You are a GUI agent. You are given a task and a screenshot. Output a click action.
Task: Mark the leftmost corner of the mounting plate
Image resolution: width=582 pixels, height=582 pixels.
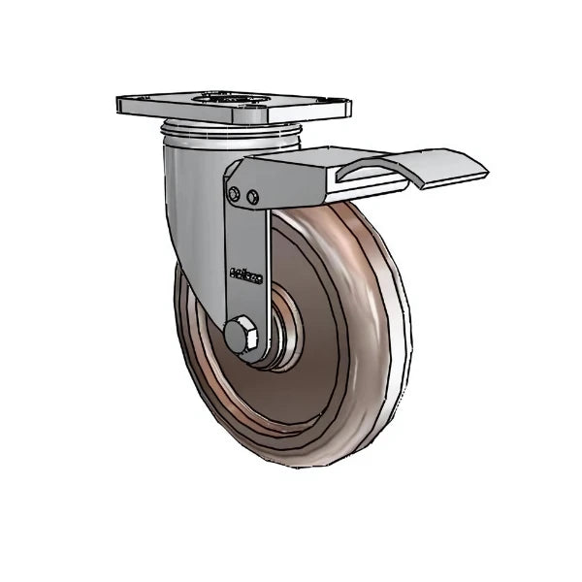(117, 103)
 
